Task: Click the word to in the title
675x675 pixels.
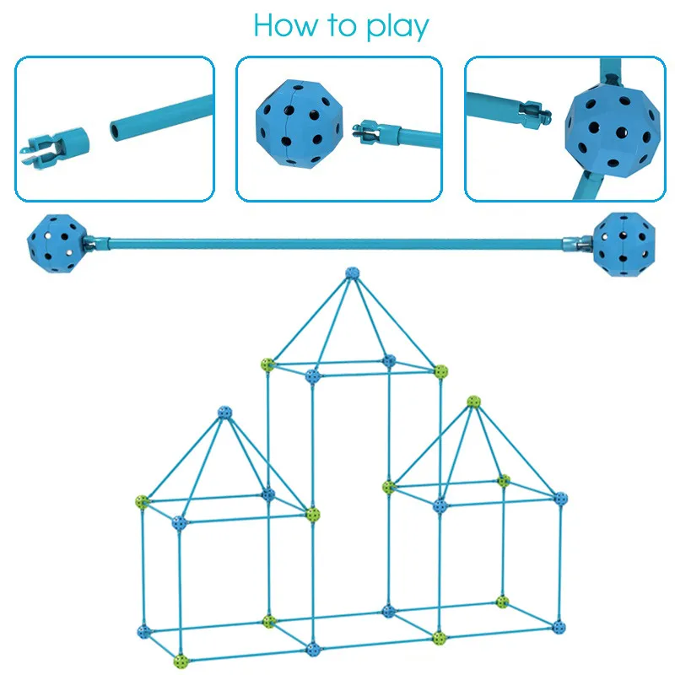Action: pos(340,26)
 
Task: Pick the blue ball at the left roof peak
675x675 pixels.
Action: pos(224,413)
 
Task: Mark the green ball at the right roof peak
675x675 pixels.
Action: pos(473,402)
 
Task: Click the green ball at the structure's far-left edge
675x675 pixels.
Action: pos(142,502)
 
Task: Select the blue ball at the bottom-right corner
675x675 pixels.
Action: pos(559,627)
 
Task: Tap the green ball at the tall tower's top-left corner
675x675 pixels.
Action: pos(268,364)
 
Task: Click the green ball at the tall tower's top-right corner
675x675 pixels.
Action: pos(440,370)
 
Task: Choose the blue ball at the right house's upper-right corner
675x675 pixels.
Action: pos(560,498)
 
